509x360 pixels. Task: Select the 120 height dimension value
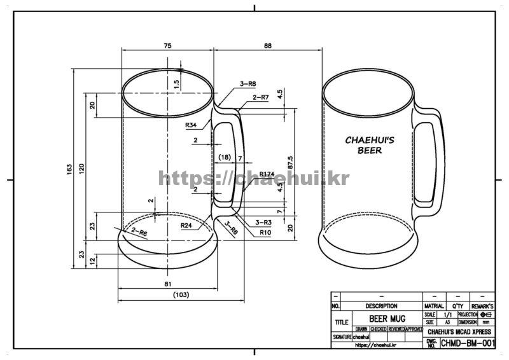point(82,168)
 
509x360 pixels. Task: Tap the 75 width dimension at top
point(167,46)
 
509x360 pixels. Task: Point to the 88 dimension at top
point(267,46)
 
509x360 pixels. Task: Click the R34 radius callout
point(190,125)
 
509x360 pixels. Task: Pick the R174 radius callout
point(267,174)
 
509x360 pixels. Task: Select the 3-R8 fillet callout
point(248,84)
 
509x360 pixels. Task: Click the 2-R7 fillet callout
point(261,97)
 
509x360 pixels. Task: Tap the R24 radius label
point(186,225)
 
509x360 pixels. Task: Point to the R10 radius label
point(266,232)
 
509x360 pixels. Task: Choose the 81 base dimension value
point(167,283)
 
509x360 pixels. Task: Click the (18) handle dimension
point(224,157)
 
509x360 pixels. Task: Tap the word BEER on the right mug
point(370,151)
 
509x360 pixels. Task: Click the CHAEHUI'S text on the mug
point(370,140)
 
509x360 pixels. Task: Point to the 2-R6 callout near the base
point(139,233)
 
